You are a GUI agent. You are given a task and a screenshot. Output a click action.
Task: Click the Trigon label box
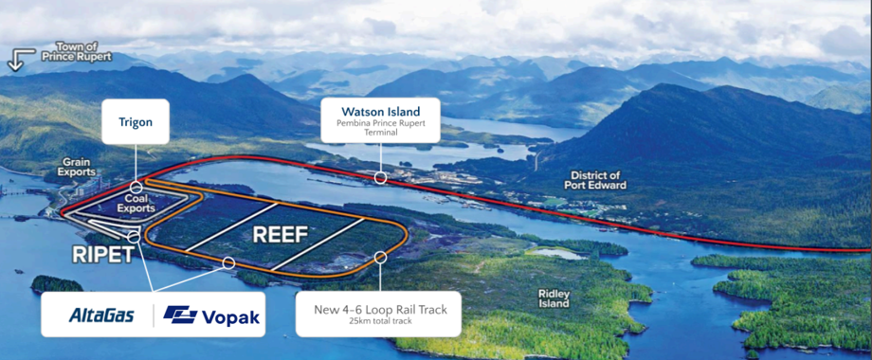point(136,121)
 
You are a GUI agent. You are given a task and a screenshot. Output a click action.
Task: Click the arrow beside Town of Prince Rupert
point(16,60)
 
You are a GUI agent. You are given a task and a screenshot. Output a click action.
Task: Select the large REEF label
point(281,233)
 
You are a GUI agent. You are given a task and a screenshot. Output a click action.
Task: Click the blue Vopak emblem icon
point(179,315)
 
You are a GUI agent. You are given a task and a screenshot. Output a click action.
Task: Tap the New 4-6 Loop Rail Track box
point(378,314)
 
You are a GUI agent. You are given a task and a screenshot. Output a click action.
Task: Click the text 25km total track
point(379,324)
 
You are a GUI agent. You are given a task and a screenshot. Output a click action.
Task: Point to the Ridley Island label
point(554,298)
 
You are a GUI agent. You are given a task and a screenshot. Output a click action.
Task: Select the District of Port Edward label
point(595,180)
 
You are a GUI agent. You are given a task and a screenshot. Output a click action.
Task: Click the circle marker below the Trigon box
point(136,188)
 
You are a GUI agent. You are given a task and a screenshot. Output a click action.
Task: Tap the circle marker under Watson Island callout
point(380,177)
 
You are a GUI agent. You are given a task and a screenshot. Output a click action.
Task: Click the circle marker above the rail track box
point(380,257)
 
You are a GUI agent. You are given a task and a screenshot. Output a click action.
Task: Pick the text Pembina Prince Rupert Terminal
point(379,128)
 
